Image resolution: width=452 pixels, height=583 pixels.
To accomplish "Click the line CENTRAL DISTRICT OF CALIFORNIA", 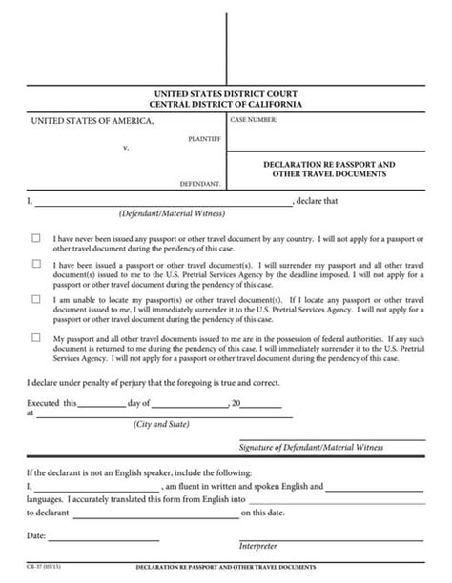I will tap(226, 104).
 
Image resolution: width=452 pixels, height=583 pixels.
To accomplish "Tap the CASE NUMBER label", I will tap(253, 121).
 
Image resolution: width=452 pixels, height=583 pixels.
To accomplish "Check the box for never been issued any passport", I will tap(36, 237).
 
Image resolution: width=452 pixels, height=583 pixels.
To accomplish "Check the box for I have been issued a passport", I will tap(36, 264).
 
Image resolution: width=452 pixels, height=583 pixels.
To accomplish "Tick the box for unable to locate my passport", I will tap(36, 298).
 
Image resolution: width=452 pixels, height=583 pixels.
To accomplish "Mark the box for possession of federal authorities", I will tap(36, 337).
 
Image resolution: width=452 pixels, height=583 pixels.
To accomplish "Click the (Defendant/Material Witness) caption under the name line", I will tap(159, 213).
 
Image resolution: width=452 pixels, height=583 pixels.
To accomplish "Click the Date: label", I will tap(36, 536).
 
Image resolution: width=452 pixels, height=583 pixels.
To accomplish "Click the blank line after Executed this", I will tap(100, 404).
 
